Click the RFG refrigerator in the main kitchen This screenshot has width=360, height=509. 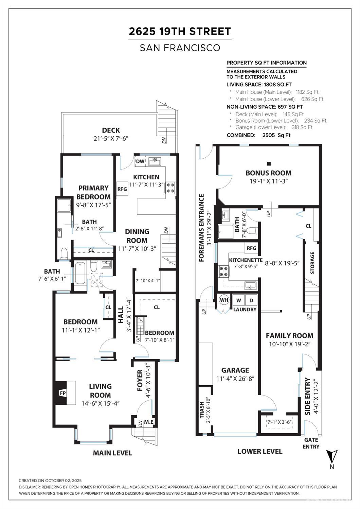(x=122, y=189)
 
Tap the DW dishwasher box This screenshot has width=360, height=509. (x=140, y=161)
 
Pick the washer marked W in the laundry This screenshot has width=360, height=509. (x=238, y=300)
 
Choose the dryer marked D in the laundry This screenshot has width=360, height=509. (x=251, y=300)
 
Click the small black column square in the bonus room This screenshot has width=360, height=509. (x=269, y=163)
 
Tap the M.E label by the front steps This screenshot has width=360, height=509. (x=149, y=422)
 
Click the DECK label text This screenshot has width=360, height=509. (x=111, y=130)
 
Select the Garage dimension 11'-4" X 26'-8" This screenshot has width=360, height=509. (x=235, y=379)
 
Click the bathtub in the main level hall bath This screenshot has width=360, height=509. (x=80, y=273)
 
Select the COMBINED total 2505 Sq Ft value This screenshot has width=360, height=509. (x=276, y=135)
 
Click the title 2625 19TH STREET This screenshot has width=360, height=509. (x=180, y=32)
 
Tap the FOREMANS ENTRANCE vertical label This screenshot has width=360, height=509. (x=201, y=228)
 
